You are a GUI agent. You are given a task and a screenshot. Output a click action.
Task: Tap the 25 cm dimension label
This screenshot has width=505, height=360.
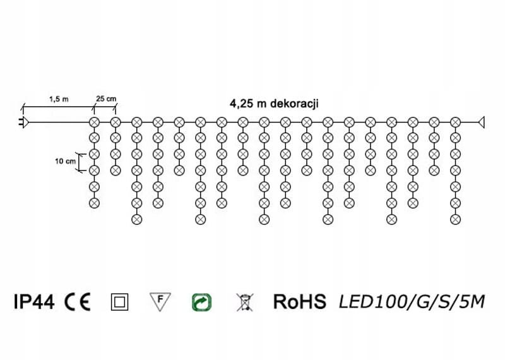[106, 99]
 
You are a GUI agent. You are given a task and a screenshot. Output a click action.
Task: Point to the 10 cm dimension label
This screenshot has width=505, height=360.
[64, 161]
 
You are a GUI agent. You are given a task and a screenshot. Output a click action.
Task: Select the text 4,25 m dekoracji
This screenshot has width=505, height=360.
[273, 104]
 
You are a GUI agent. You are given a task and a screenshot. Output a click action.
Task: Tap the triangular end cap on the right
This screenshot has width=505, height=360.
[482, 121]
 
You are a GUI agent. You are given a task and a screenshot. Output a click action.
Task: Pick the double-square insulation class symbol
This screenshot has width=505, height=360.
[119, 302]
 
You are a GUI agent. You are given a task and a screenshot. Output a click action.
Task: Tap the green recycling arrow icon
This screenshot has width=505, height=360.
[201, 302]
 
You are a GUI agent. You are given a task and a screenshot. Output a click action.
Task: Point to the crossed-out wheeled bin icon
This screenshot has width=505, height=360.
[243, 302]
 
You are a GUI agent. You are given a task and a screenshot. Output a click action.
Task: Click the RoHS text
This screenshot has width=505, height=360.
[299, 302]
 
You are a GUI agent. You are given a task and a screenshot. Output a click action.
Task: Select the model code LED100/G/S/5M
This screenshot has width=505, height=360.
[412, 302]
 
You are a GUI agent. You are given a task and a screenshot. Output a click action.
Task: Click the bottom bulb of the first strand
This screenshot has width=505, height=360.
[94, 203]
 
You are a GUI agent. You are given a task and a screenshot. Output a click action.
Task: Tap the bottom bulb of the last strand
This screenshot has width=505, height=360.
[455, 219]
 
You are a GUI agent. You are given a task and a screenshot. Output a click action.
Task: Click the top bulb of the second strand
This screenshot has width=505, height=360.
[116, 121]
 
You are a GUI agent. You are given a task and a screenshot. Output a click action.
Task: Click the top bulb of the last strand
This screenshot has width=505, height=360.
[455, 121]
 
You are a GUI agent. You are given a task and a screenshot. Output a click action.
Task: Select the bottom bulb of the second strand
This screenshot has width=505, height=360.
[116, 170]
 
